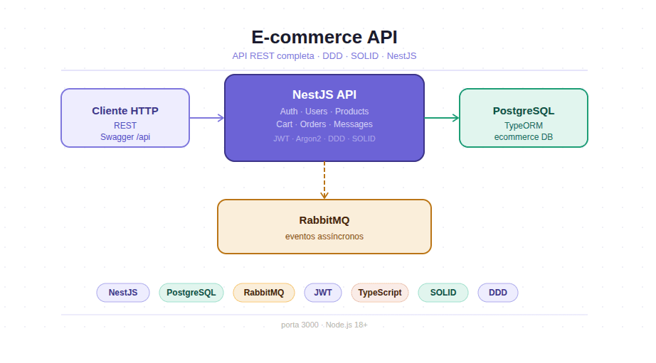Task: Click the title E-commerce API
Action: [324, 38]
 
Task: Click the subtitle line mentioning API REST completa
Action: [324, 55]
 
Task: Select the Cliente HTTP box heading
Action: [125, 111]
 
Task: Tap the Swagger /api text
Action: [125, 137]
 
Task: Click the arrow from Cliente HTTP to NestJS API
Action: [207, 118]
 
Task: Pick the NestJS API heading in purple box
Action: [324, 94]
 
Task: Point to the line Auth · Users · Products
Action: [324, 112]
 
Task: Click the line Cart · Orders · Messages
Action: [324, 124]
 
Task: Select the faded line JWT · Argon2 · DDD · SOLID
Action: [324, 139]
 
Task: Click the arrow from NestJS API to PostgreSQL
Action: [442, 118]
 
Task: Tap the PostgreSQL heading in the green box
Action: [524, 111]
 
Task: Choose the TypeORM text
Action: [524, 125]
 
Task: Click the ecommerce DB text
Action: [524, 137]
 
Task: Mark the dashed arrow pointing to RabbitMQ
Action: [324, 180]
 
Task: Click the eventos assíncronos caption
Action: [324, 236]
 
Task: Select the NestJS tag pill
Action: [123, 293]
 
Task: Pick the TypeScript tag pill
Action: [379, 293]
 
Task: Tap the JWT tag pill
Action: [323, 293]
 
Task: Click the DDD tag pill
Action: [498, 293]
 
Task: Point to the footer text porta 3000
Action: [324, 325]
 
